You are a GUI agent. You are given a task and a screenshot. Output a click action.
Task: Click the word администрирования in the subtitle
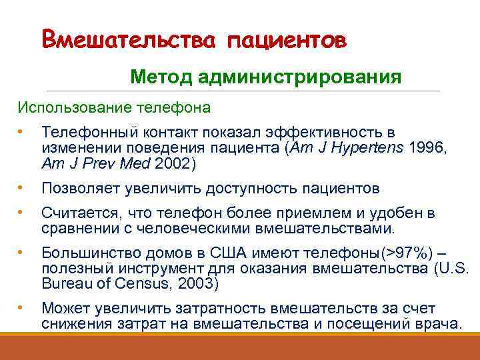point(299,78)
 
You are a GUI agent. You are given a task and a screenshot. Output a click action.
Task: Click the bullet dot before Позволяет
point(21,188)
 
